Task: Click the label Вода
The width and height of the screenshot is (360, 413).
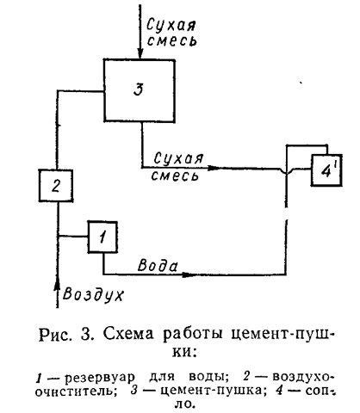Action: coord(158,265)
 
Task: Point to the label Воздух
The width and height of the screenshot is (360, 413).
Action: coord(93,294)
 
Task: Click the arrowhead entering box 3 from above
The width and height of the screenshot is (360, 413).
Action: coord(140,53)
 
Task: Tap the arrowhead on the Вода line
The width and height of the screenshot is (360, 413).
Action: coord(189,274)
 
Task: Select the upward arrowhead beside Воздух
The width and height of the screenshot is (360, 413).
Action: coord(58,285)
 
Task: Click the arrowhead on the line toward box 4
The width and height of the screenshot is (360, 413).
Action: coord(214,168)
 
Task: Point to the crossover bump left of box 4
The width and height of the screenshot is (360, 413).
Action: coord(286,170)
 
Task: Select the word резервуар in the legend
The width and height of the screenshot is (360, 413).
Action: coord(100,378)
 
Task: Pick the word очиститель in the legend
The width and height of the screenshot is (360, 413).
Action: coord(76,391)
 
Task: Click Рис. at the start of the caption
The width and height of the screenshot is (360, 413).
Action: coord(55,335)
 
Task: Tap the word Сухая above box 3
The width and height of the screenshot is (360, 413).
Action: coord(171,24)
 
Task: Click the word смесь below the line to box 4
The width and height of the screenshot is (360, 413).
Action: coord(175,176)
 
